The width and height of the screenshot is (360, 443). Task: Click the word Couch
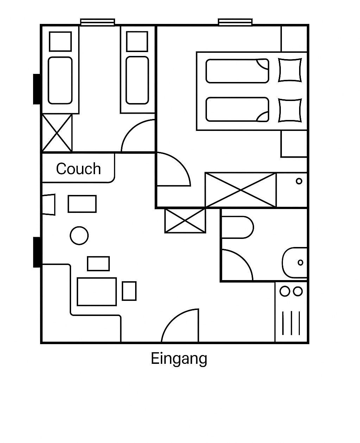point(78,169)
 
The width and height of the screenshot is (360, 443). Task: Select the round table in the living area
point(79,235)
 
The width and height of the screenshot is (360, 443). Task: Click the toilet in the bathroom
point(238,227)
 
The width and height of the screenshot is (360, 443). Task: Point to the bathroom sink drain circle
point(300,263)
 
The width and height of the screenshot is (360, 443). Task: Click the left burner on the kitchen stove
point(285,291)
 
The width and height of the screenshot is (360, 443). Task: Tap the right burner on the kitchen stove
point(298,291)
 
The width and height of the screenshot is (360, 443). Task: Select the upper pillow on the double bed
point(290,70)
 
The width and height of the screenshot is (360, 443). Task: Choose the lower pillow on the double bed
point(290,110)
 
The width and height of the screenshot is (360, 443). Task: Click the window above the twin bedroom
point(97,22)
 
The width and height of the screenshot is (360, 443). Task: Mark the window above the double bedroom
point(235,22)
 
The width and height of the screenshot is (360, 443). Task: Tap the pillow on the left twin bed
point(60,42)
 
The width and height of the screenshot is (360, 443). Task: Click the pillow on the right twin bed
point(137,41)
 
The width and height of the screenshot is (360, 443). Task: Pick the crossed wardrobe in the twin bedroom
point(57,133)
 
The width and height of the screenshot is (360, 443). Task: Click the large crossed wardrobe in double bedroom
point(241,190)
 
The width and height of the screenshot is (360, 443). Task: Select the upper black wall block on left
point(37,89)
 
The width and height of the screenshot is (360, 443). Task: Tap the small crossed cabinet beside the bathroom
point(185,221)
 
